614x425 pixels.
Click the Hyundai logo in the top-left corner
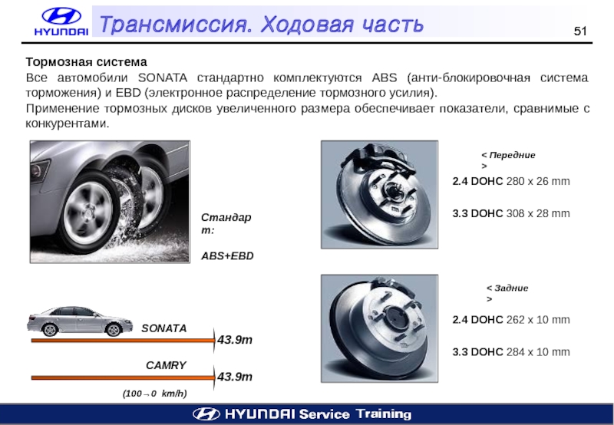pyautogui.click(x=61, y=22)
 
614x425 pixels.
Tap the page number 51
pyautogui.click(x=580, y=31)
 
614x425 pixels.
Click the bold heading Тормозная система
pyautogui.click(x=87, y=62)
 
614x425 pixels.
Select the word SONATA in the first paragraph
pyautogui.click(x=163, y=77)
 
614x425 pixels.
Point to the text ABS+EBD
pyautogui.click(x=227, y=256)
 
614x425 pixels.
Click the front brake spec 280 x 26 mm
pyautogui.click(x=538, y=181)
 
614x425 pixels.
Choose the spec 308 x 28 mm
pyautogui.click(x=538, y=213)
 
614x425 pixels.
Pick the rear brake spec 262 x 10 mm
pyautogui.click(x=538, y=320)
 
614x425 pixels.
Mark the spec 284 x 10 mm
pyautogui.click(x=538, y=352)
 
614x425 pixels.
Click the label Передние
pyautogui.click(x=512, y=155)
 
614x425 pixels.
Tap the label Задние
pyautogui.click(x=511, y=288)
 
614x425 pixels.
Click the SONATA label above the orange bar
pyautogui.click(x=164, y=328)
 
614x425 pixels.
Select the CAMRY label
pyautogui.click(x=166, y=365)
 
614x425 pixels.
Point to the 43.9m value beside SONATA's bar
pyautogui.click(x=235, y=340)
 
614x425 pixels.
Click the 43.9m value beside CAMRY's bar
pyautogui.click(x=235, y=377)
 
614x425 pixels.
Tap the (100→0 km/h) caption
pyautogui.click(x=155, y=394)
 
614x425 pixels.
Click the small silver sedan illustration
pyautogui.click(x=74, y=321)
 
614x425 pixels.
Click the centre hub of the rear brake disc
pyautogui.click(x=394, y=317)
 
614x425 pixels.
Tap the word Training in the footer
pyautogui.click(x=384, y=414)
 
